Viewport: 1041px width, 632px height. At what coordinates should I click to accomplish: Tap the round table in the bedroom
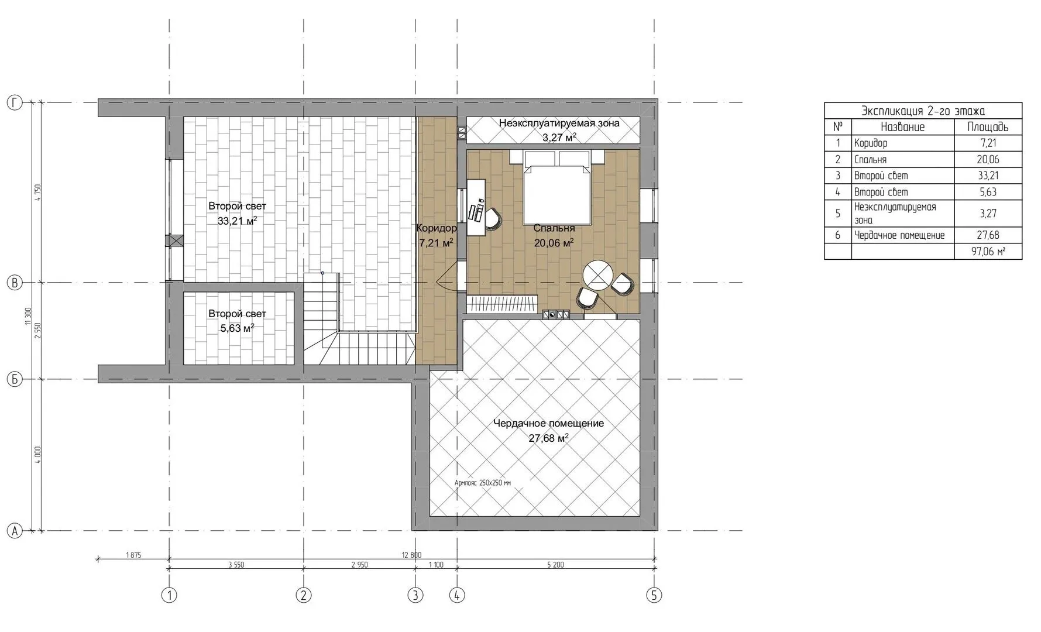597,274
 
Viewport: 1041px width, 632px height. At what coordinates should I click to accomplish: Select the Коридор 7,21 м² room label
436,235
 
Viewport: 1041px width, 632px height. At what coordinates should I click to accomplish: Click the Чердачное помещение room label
548,430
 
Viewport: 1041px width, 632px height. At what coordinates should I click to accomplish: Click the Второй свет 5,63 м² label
237,321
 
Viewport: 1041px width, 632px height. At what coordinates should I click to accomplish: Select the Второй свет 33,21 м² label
237,214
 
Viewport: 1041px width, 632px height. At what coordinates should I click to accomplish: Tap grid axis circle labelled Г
14,103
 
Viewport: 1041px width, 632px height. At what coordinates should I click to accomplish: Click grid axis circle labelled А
14,531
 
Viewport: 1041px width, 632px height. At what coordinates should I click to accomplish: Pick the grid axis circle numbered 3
415,596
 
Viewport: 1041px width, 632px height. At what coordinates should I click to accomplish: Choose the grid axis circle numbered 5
654,596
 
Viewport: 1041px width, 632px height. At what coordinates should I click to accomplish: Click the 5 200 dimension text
555,565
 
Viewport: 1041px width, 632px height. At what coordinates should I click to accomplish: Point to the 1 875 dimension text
133,555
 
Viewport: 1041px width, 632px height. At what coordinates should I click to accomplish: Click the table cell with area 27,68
988,235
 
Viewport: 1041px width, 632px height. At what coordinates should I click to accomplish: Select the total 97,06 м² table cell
988,252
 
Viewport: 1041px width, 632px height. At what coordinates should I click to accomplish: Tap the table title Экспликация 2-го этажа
923,111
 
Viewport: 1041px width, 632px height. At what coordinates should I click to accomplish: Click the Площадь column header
988,127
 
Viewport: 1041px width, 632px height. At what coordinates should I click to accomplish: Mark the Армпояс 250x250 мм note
483,483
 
